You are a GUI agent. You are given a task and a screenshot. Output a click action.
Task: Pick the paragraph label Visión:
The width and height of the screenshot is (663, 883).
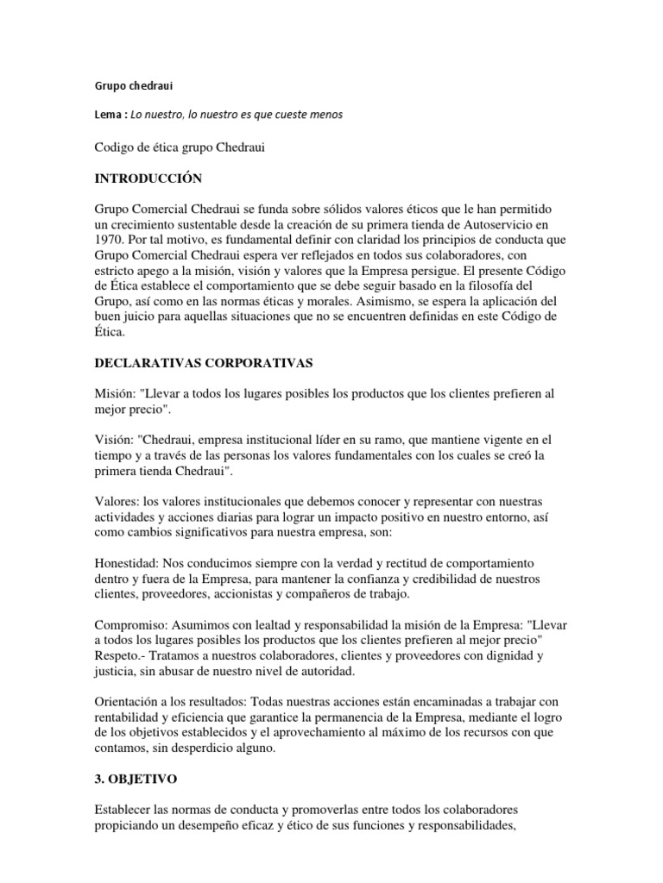coord(113,439)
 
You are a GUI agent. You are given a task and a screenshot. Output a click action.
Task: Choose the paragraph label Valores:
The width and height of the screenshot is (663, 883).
coord(117,501)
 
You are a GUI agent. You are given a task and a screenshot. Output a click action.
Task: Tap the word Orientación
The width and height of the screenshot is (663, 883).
coord(128,701)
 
